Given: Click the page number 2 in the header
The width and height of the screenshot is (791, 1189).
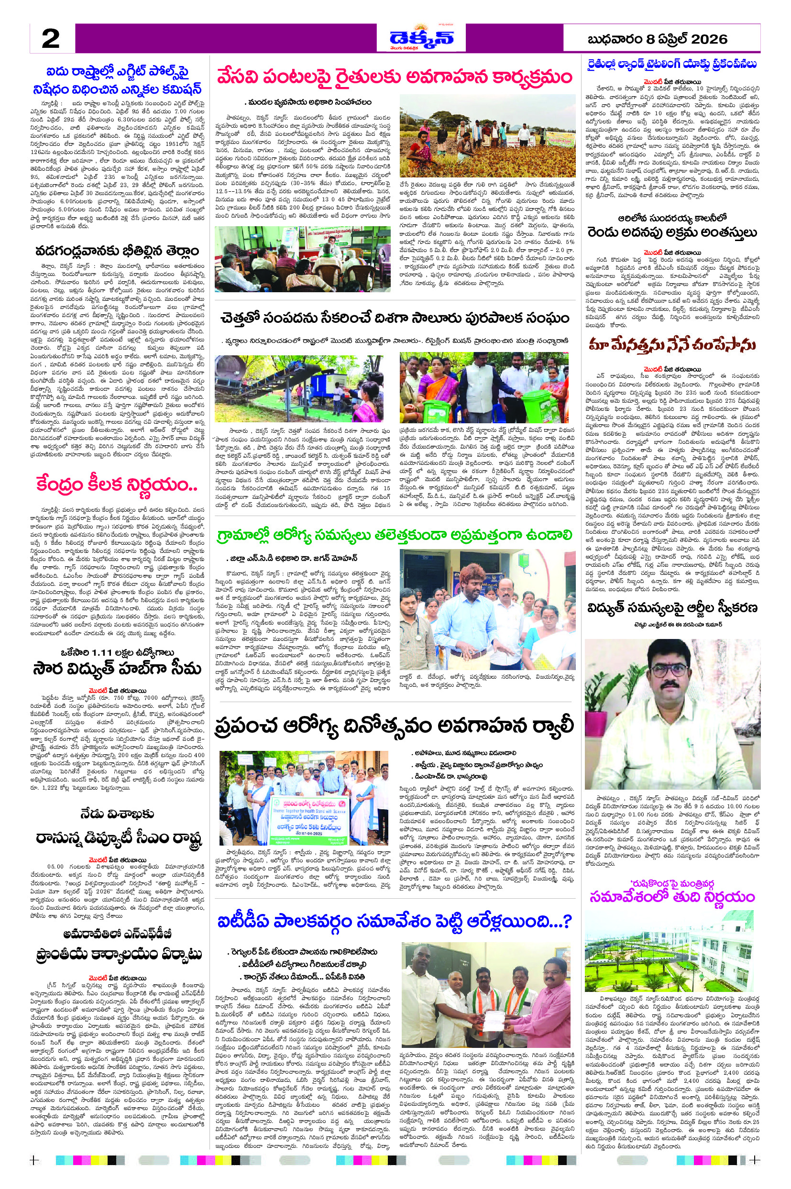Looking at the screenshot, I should pos(50,38).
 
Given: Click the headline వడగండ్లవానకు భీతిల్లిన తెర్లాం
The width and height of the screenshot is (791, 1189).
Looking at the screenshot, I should pos(117,251).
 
